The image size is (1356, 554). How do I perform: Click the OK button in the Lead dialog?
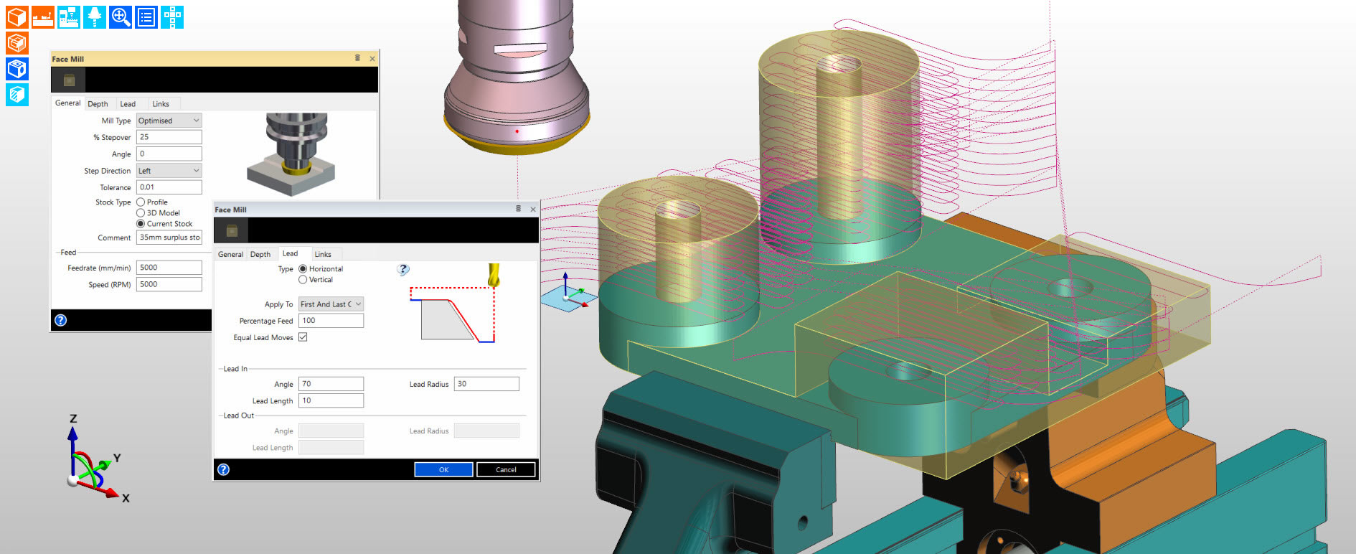(x=443, y=469)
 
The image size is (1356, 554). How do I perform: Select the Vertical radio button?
(x=303, y=280)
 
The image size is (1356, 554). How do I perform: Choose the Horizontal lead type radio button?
(x=303, y=269)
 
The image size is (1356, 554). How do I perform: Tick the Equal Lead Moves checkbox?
(x=303, y=337)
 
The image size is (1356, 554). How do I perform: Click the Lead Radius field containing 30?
(x=486, y=384)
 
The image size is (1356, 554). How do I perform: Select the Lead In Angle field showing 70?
(x=331, y=384)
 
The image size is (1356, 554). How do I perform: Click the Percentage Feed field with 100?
(x=331, y=321)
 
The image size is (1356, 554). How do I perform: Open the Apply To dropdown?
(x=331, y=304)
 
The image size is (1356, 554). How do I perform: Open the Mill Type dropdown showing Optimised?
(x=169, y=121)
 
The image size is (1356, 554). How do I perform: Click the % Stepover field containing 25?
(x=169, y=137)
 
